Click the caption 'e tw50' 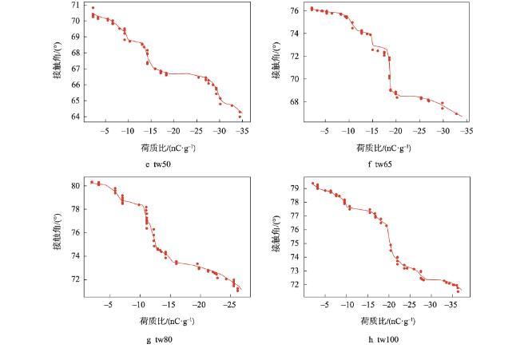tap(158, 164)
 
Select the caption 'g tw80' tap(159, 340)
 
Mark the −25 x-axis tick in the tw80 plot tap(231, 305)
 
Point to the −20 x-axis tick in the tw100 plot tap(389, 305)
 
